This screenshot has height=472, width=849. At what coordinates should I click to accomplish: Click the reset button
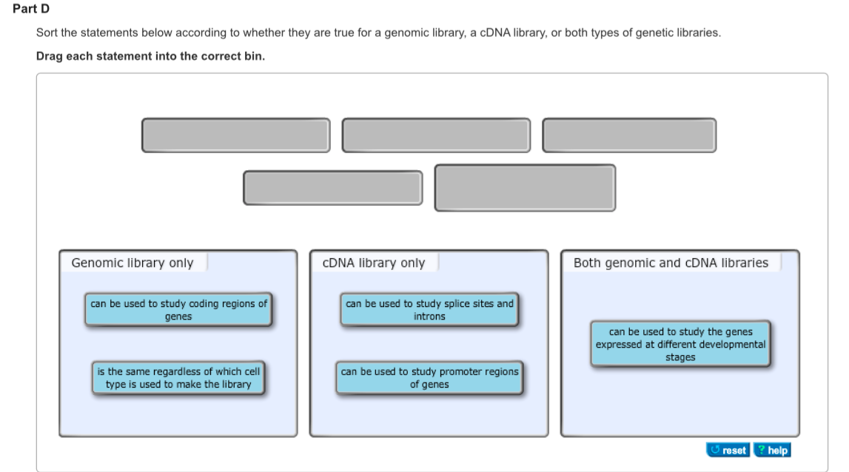tap(728, 450)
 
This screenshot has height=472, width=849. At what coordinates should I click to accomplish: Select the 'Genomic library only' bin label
tap(132, 263)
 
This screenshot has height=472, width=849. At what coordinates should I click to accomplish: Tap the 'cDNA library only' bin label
tap(374, 263)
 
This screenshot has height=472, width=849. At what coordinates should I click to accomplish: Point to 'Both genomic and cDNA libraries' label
tap(671, 263)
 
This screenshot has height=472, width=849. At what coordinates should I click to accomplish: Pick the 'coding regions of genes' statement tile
tap(178, 310)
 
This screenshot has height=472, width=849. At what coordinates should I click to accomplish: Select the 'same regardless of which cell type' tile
tap(178, 378)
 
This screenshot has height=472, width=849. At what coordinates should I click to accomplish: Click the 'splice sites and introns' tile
tap(429, 310)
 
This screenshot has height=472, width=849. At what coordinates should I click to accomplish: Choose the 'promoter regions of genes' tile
tap(429, 378)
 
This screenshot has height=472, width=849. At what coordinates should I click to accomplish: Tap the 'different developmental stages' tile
tap(680, 344)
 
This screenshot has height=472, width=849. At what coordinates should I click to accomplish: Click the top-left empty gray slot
tap(236, 135)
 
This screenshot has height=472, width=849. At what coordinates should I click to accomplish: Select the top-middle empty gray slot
tap(436, 135)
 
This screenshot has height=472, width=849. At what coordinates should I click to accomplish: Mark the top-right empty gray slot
tap(629, 135)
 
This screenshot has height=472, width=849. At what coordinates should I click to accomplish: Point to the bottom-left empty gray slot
tap(333, 188)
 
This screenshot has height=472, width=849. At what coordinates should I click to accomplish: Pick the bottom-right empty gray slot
tap(525, 188)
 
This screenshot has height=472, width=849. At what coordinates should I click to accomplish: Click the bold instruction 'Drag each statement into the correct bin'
tap(150, 57)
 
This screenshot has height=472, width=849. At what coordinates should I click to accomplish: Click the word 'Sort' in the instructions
tap(46, 34)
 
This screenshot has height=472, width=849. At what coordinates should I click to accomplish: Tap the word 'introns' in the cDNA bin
tap(429, 317)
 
